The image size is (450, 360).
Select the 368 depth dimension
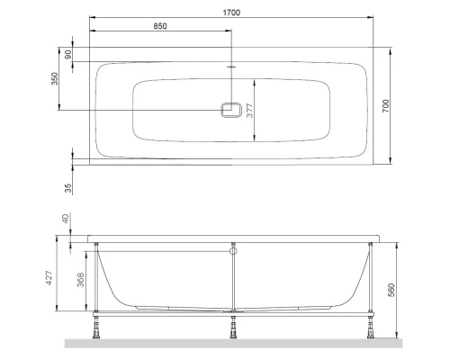point(81,281)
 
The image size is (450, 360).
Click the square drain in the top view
point(232,111)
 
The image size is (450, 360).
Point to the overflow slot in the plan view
point(232,67)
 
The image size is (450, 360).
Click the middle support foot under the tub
point(233,329)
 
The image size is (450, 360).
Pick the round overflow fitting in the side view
point(233,252)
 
